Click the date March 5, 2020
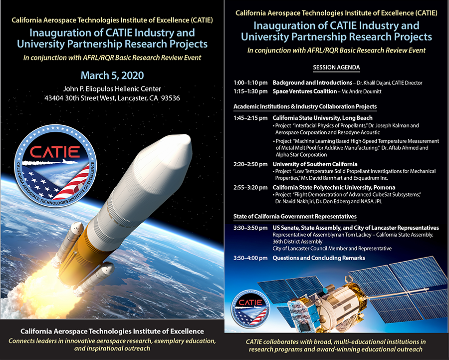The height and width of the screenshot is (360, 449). (x=112, y=76)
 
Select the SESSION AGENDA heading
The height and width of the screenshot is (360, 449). (x=336, y=67)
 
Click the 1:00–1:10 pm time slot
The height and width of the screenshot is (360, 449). (x=250, y=82)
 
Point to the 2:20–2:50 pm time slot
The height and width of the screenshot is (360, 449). (x=250, y=164)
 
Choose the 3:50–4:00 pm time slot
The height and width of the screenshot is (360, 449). (x=250, y=258)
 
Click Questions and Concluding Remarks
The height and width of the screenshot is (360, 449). (x=319, y=258)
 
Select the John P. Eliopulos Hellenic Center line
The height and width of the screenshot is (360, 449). (x=112, y=89)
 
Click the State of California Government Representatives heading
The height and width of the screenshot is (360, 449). (x=295, y=217)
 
